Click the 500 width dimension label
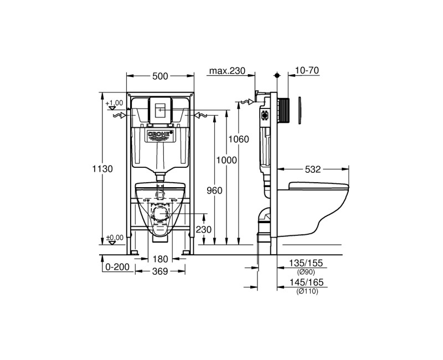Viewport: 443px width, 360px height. (160, 77)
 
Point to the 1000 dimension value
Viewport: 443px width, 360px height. (226, 160)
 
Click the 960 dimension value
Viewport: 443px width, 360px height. (214, 191)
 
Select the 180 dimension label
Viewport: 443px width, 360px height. (160, 259)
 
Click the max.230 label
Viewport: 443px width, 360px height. (227, 70)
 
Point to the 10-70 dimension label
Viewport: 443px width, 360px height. (307, 70)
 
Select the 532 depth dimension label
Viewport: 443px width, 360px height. (312, 169)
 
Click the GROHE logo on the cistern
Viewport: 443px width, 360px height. (160, 135)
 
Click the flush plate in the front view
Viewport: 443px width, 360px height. (160, 110)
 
